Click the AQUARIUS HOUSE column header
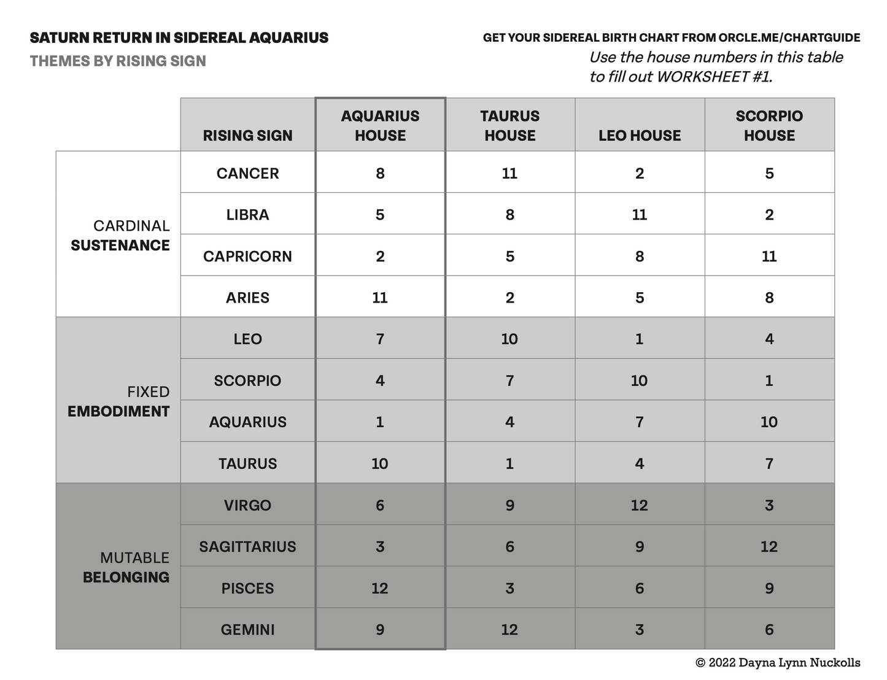click(x=380, y=125)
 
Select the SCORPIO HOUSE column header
click(x=769, y=125)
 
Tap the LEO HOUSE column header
click(x=640, y=135)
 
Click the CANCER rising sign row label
click(x=247, y=173)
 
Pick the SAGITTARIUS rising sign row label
click(x=247, y=546)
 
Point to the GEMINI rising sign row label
click(x=247, y=629)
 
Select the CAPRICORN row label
click(x=247, y=256)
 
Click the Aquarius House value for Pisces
click(x=380, y=588)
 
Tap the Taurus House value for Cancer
click(x=509, y=173)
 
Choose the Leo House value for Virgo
click(x=640, y=505)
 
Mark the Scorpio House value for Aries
click(x=769, y=298)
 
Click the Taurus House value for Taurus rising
click(x=509, y=463)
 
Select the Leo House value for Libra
click(x=640, y=215)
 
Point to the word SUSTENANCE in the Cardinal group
click(x=120, y=245)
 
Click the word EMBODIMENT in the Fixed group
click(x=118, y=411)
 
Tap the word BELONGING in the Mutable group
click(x=126, y=578)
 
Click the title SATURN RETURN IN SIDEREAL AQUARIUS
click(x=179, y=38)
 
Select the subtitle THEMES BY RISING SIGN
click(x=118, y=61)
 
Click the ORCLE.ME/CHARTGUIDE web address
click(x=789, y=38)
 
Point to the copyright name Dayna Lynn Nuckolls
click(x=799, y=663)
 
